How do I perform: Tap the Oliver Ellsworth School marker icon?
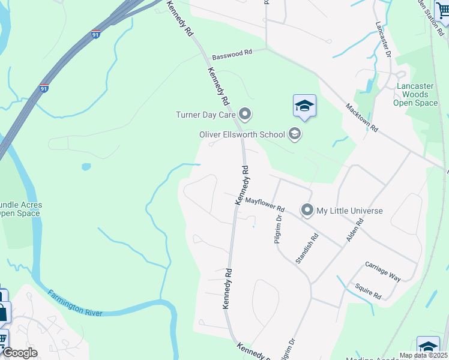point(294,134)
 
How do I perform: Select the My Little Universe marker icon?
point(307,211)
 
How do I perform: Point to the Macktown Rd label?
point(361,118)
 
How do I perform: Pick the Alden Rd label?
point(355,230)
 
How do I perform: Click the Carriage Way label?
point(383,271)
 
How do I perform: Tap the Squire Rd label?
point(368,292)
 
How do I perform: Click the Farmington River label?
point(75,303)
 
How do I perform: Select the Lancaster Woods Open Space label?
point(415,94)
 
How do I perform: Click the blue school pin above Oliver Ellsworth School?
point(304,107)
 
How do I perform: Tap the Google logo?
point(20,353)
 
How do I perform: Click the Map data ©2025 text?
point(423,355)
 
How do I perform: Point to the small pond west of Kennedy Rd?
point(86,167)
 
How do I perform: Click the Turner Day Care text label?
point(205,115)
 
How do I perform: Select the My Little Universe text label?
point(349,211)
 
